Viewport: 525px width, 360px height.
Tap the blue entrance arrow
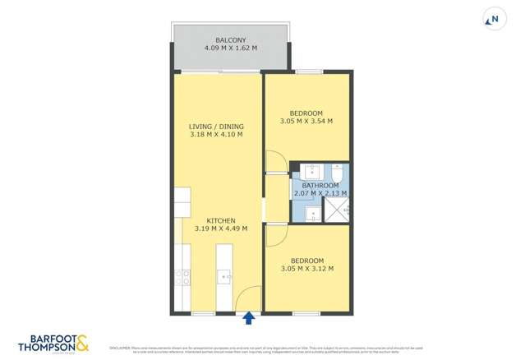[249, 316]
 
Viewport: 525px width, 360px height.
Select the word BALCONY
[230, 40]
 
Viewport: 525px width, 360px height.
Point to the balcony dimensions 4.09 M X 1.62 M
[230, 48]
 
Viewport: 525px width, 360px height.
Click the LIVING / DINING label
[216, 127]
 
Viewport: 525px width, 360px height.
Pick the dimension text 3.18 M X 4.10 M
[216, 135]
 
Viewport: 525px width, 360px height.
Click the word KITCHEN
[221, 220]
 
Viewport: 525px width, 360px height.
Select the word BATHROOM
[320, 186]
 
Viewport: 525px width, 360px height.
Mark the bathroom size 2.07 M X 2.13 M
[320, 194]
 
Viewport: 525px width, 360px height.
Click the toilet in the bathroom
[337, 173]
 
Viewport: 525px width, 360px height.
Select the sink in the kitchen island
[223, 277]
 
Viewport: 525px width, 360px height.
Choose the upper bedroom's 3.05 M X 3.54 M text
[306, 122]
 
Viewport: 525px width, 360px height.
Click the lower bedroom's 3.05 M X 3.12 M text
[306, 269]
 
